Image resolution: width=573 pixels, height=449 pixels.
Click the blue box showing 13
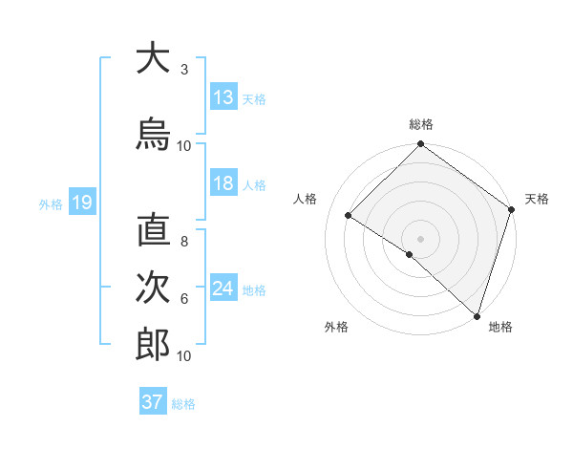(223, 97)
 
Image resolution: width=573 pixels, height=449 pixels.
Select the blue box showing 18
(223, 183)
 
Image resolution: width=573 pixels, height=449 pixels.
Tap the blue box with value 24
(223, 289)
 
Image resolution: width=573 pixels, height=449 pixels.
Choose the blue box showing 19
(81, 203)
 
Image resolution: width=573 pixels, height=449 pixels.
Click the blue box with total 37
(153, 402)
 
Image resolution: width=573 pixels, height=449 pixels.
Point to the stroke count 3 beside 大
(184, 70)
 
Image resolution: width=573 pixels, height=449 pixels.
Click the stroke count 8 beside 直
(184, 242)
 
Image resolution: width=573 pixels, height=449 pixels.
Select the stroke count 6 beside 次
(184, 298)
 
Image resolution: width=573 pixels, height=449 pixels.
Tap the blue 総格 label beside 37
(183, 404)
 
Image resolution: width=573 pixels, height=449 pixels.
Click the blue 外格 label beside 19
(50, 204)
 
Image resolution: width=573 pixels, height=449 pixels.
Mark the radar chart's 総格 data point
(420, 145)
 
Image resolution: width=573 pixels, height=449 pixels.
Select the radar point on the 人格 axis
(349, 216)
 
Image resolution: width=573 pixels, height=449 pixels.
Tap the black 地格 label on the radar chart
(500, 328)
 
